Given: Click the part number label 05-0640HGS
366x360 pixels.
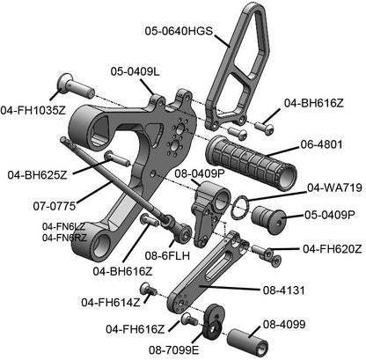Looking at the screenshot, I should coord(179,31).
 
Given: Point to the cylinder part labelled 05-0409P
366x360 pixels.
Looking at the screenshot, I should coord(268,216).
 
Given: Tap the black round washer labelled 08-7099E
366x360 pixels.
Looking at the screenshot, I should coord(211,321).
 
